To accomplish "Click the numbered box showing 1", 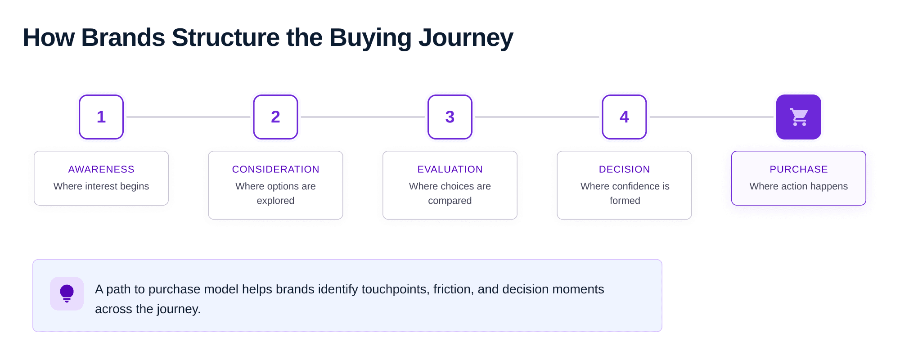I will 101,117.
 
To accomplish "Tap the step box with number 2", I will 275,117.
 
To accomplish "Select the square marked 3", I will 450,117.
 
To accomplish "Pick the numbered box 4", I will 624,117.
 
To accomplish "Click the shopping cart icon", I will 799,117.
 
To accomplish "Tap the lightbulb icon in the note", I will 67,293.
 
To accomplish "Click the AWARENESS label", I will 101,169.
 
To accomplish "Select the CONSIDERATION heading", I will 275,169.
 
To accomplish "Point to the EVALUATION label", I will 450,169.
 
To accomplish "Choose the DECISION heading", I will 624,169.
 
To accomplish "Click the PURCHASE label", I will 799,169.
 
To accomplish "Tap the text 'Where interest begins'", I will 101,186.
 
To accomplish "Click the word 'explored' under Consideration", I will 275,201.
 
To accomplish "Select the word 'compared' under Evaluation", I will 450,201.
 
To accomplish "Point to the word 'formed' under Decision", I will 625,201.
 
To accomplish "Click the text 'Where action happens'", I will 799,186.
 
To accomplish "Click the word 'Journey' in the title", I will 466,38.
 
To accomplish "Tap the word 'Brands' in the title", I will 123,38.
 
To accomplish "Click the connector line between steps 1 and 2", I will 188,117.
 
